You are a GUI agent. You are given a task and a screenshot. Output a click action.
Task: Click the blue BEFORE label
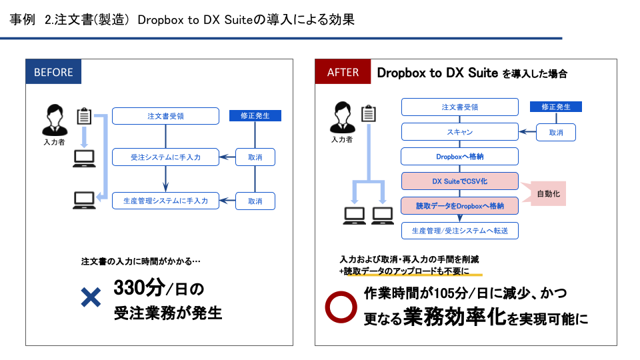coord(53,72)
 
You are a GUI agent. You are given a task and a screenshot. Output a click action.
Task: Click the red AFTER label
coord(343,72)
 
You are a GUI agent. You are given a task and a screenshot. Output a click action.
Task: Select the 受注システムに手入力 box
coord(165,158)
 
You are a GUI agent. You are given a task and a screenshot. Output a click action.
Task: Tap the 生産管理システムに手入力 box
coord(165,201)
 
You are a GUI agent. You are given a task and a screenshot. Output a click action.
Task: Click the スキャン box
coord(459,132)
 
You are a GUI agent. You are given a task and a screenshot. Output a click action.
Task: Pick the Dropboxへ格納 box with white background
coord(459,157)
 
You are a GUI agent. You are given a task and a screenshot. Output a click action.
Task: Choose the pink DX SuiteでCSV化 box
coord(459,181)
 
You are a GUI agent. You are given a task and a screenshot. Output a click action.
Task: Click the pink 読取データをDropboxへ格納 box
coord(459,205)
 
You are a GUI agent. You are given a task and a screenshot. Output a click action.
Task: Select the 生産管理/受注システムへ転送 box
coord(459,231)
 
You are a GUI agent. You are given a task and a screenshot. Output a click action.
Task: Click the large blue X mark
coord(90,297)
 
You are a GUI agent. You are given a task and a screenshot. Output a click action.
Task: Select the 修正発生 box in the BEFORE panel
coord(255,115)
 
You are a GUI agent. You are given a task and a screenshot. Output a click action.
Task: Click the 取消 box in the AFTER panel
coord(556,132)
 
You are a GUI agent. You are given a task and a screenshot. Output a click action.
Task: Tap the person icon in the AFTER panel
coord(341,118)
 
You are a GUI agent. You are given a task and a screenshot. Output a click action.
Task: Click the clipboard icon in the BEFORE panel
coord(85,116)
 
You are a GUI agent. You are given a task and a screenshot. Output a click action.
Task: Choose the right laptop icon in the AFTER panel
coord(383,214)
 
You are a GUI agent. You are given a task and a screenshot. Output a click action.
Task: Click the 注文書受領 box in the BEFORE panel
coord(165,116)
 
